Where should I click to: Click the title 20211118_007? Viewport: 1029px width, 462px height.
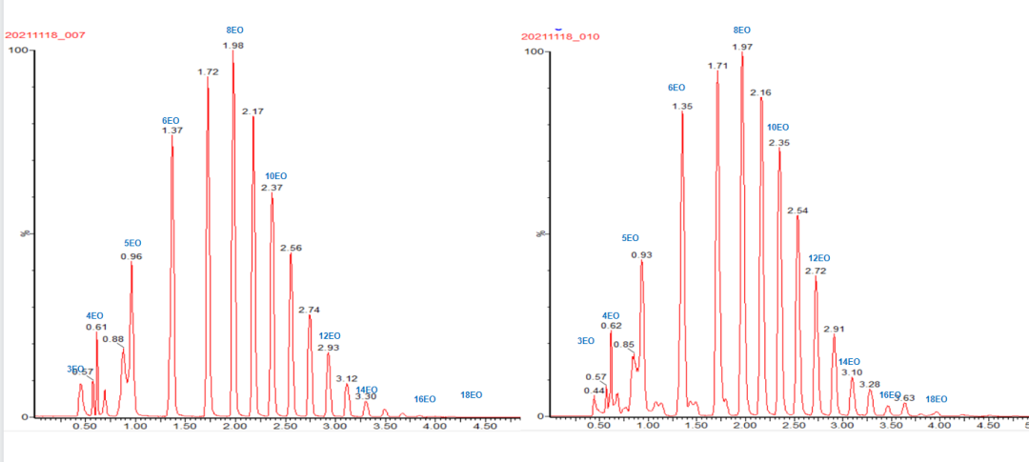46,35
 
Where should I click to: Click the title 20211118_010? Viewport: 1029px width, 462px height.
559,36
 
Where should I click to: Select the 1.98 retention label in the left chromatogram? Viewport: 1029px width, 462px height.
233,45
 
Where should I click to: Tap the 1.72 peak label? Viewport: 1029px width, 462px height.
208,71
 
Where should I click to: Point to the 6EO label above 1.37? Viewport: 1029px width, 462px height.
171,120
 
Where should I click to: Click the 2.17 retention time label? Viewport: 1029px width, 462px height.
252,111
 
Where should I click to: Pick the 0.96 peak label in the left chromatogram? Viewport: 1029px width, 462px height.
131,256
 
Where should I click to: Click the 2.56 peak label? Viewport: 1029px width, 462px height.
291,248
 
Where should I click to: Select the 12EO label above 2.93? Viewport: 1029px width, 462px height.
329,335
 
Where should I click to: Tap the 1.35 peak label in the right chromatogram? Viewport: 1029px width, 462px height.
681,107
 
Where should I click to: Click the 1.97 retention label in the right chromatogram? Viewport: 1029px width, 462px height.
742,47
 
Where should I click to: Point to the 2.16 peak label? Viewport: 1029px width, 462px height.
760,92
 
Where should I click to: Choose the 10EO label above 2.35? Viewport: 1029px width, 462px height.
777,127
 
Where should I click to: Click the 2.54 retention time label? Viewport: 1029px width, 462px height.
797,211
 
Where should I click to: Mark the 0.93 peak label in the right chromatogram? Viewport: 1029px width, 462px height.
641,255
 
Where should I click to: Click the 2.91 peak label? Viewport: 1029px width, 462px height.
834,329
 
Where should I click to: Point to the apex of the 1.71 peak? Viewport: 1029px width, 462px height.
717,71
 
